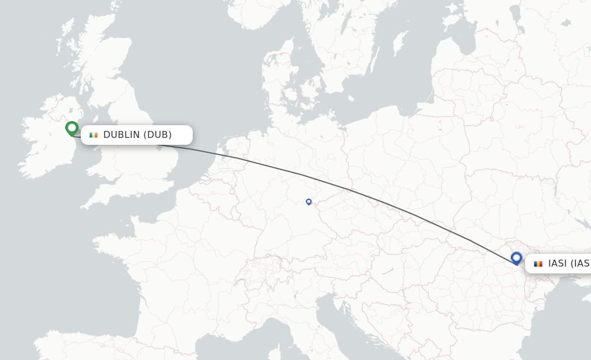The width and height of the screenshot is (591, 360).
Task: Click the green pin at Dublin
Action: tap(72, 128)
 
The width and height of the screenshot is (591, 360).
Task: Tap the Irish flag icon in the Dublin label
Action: tap(93, 135)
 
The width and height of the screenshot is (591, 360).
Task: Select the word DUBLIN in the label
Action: tap(122, 135)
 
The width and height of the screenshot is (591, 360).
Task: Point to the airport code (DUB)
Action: tap(158, 135)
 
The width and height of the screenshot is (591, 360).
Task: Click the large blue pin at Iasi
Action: tap(516, 258)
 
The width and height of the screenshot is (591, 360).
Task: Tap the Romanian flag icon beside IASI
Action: tap(538, 264)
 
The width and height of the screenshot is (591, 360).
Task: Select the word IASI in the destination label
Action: tap(558, 264)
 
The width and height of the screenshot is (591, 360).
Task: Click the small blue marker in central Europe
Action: tap(309, 202)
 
